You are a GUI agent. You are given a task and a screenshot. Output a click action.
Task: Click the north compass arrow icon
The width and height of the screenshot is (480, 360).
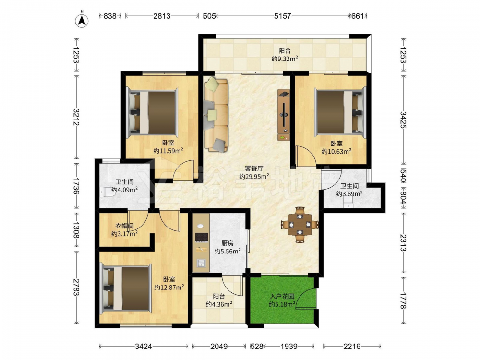[x=82, y=20]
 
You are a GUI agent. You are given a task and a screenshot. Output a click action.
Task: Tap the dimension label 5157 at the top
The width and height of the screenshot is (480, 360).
[x=282, y=16]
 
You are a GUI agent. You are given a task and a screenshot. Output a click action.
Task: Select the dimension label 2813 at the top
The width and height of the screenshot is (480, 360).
[x=162, y=16]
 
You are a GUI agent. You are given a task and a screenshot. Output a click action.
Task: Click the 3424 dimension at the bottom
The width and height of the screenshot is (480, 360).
[x=143, y=346]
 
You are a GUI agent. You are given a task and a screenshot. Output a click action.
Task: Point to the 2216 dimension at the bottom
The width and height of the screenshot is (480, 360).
[x=352, y=346]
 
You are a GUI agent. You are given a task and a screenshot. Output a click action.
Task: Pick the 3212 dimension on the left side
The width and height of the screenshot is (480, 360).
[x=76, y=117]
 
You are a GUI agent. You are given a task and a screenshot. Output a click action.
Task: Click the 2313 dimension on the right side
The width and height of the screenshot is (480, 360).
[x=403, y=242]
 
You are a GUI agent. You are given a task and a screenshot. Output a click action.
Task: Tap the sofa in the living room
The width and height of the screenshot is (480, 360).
[x=216, y=115]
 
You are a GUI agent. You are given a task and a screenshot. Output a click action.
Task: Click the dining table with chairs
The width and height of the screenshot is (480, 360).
[x=300, y=225]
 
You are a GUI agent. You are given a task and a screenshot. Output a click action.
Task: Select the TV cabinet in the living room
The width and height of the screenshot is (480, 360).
[x=284, y=115]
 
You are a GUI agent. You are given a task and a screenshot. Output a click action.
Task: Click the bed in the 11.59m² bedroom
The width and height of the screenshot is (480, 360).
[x=153, y=112]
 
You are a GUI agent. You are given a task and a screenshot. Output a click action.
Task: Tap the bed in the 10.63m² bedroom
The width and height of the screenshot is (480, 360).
[x=341, y=111]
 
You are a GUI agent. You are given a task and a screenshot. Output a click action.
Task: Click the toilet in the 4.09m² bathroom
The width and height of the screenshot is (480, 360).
[x=106, y=192]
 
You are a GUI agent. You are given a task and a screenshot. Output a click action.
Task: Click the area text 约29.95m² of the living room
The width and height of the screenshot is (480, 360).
[x=254, y=176]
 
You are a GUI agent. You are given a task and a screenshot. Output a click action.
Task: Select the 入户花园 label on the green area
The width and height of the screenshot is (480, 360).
[x=282, y=296]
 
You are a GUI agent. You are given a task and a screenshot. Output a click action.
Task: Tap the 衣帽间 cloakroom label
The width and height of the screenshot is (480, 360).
[x=124, y=226]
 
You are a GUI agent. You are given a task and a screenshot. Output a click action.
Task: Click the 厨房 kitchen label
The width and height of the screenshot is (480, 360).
[x=228, y=243]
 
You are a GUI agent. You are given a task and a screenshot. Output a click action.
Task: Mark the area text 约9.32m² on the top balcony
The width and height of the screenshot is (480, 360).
[x=285, y=59]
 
